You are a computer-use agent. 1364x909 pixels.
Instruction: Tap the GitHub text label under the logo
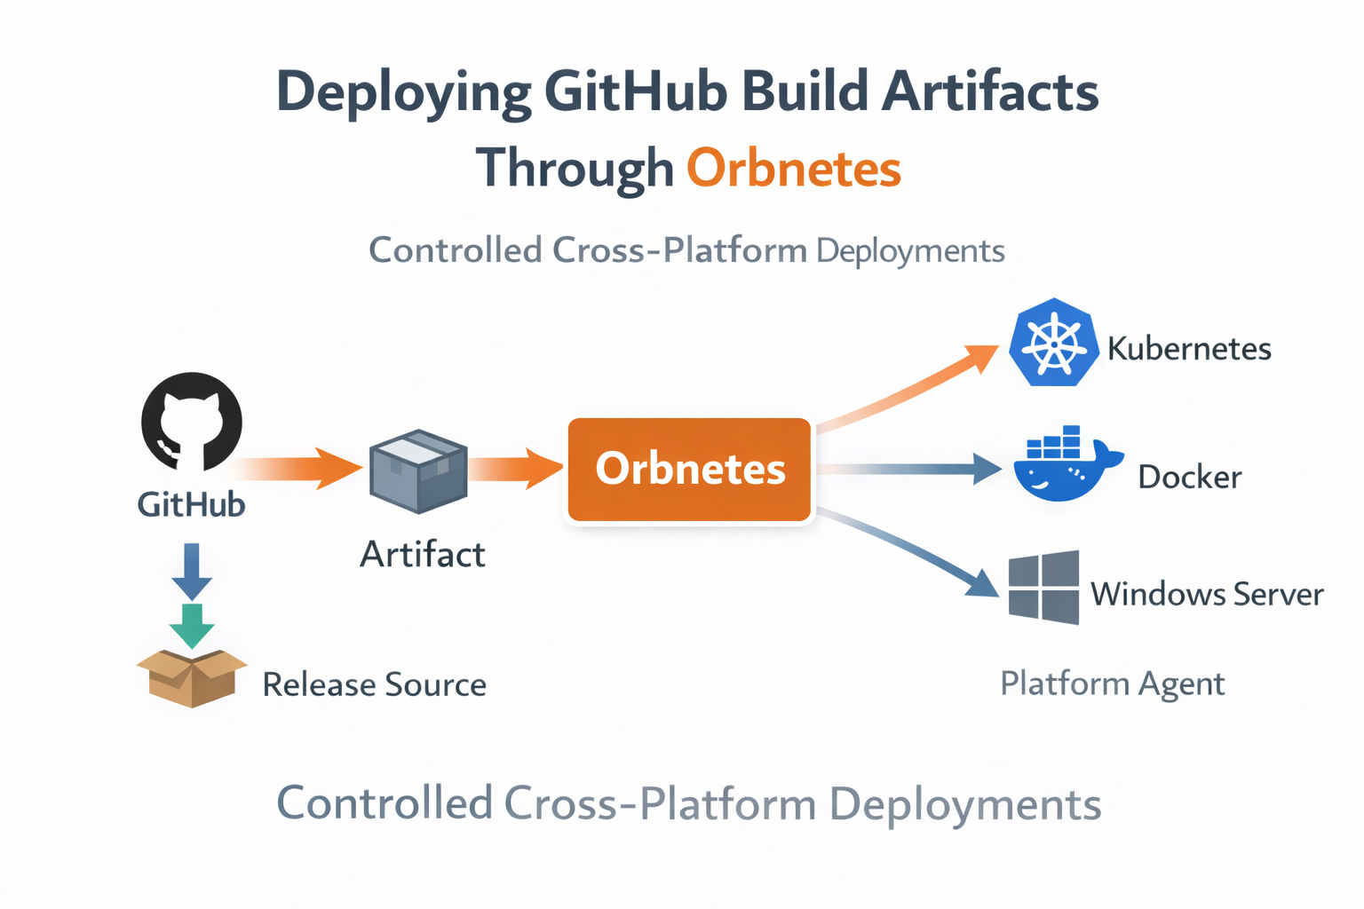[x=191, y=504]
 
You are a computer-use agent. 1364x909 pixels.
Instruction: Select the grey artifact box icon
[x=418, y=471]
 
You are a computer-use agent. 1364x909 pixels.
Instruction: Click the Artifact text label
[x=423, y=555]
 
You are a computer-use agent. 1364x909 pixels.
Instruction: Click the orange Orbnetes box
[x=690, y=469]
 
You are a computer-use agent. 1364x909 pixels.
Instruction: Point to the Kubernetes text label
[x=1189, y=348]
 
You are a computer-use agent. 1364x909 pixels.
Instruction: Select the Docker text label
[x=1190, y=478]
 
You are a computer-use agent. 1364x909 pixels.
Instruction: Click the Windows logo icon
[x=1044, y=588]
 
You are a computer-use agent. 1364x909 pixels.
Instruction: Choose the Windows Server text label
[x=1207, y=593]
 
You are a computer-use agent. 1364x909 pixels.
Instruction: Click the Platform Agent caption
[x=1112, y=684]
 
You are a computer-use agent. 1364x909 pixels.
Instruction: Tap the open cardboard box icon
[x=191, y=677]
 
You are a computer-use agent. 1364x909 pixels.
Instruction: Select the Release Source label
[x=374, y=684]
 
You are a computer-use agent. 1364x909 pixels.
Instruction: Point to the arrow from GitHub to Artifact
[x=302, y=468]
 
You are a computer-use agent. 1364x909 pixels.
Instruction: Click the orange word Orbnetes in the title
[x=794, y=169]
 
